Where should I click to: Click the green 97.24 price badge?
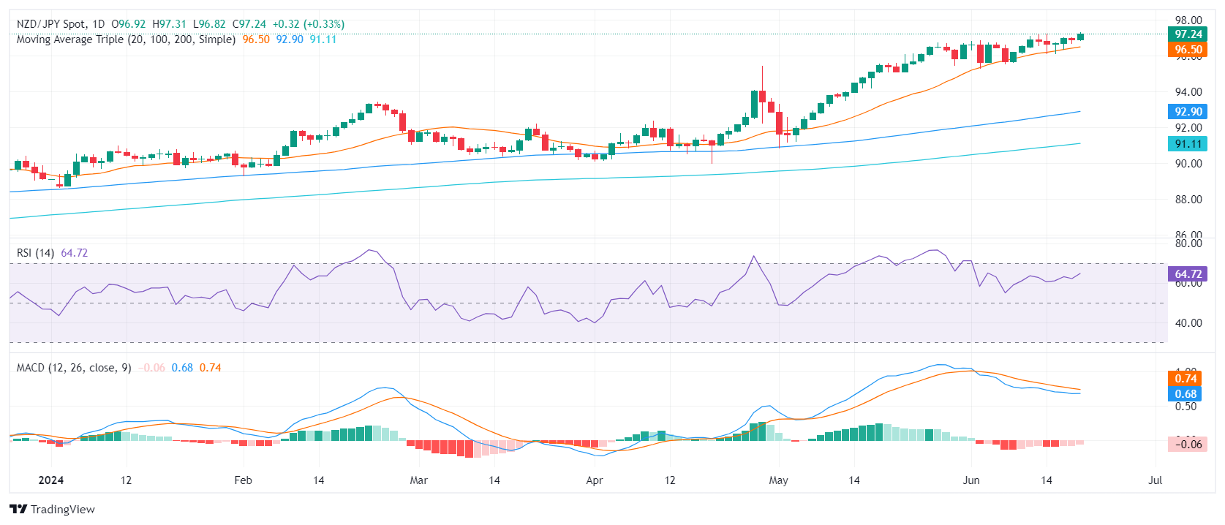1188,34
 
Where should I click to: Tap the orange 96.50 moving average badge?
1188,50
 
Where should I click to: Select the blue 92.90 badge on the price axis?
1188,112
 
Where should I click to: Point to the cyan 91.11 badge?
1188,144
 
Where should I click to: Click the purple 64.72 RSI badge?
1188,274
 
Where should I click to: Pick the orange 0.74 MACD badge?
1186,378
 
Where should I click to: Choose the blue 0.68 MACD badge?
1186,394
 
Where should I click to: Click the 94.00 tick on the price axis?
1188,92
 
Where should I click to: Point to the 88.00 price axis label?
1188,200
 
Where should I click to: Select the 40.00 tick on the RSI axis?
1188,323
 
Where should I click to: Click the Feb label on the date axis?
243,480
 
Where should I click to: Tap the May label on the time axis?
778,480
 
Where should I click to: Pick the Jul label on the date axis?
1155,480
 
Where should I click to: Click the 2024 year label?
50,480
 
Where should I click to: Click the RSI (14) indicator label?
35,253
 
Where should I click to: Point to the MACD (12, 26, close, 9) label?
74,368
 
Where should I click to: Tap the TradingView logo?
53,509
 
